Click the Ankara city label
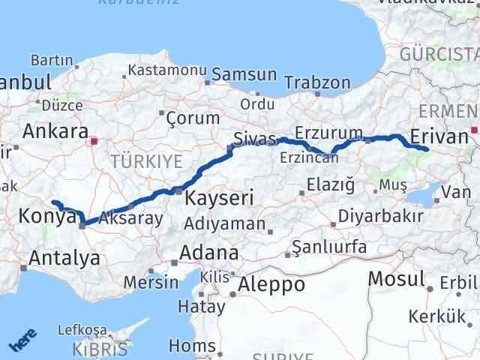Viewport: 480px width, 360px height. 55,130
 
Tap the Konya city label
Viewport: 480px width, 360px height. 46,217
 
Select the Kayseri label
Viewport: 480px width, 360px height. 219,199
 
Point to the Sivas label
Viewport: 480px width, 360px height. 249,139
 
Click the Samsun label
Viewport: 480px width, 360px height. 244,75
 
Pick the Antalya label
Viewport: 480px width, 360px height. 64,259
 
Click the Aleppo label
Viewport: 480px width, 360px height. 271,284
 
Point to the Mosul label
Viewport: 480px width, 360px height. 396,280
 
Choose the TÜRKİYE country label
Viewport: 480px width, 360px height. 146,160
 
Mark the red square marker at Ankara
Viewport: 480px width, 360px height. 94,140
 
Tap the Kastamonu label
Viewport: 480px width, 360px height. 167,70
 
